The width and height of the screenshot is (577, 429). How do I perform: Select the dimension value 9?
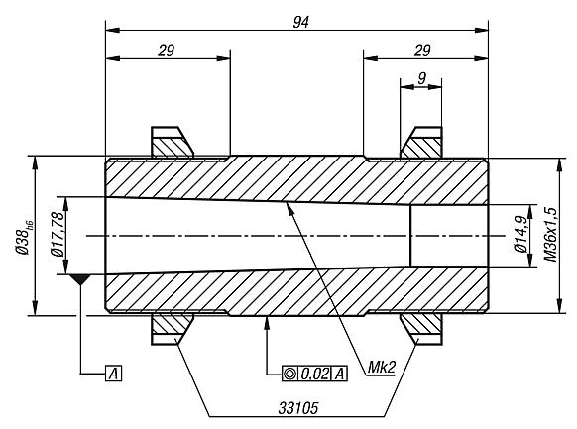click(421, 76)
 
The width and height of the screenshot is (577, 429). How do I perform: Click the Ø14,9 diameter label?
click(519, 235)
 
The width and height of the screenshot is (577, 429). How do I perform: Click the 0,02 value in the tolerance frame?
click(315, 373)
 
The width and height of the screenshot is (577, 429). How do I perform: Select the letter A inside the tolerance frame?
click(340, 373)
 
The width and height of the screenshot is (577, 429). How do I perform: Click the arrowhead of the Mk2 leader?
click(287, 203)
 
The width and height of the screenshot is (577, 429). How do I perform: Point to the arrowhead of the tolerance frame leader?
click(269, 320)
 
